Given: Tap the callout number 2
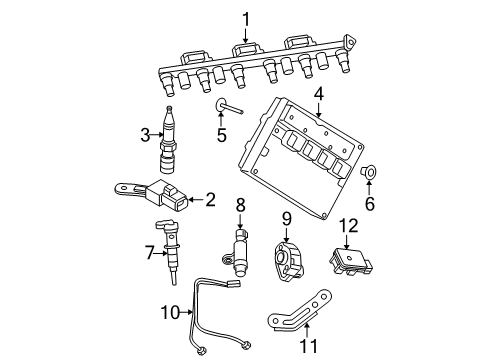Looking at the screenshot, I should (210, 200).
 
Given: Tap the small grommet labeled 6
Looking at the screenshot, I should (369, 175).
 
